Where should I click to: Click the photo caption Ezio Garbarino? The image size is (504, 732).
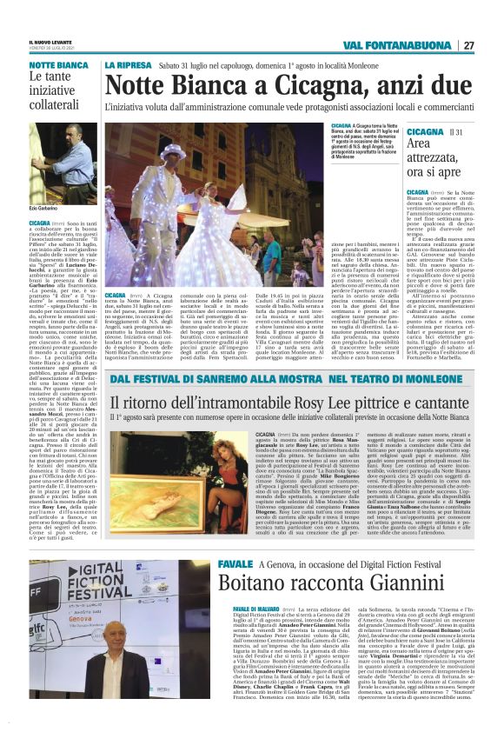pyautogui.click(x=43, y=210)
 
